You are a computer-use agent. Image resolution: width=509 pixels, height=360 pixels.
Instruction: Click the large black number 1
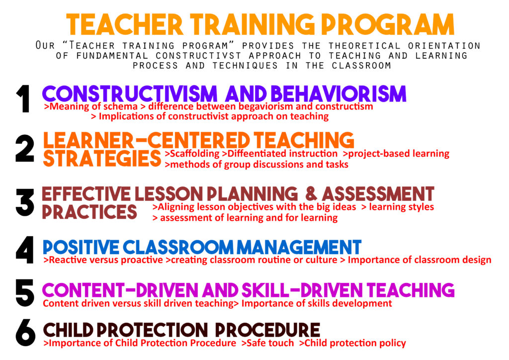[23, 98]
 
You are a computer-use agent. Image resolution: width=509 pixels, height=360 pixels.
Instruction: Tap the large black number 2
[25, 148]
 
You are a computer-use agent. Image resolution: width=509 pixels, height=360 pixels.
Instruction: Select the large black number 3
[25, 202]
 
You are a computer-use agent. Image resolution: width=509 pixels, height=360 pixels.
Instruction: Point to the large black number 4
[25, 250]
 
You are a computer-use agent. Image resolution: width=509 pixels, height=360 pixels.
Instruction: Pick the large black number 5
[25, 293]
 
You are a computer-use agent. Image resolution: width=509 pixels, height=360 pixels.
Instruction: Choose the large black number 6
[25, 333]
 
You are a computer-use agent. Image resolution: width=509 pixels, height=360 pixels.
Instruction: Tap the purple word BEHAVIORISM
[339, 94]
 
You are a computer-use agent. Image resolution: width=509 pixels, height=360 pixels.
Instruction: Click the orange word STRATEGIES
[102, 159]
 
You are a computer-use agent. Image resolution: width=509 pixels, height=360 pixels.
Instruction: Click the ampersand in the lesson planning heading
[311, 193]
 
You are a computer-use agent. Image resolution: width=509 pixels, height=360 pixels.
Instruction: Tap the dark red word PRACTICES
[89, 212]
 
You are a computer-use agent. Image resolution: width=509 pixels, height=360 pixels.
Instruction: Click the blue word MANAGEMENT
[299, 247]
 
